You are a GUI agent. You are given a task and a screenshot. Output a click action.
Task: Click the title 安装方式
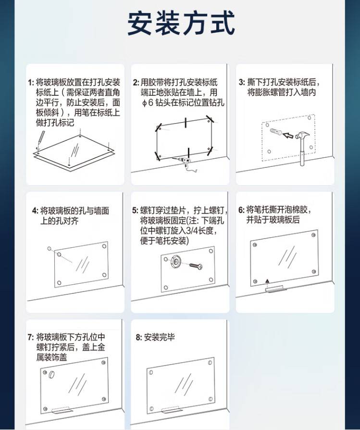(181, 23)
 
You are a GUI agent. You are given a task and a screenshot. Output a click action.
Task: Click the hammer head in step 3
(302, 136)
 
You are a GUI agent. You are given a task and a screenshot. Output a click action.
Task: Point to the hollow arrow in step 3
(288, 135)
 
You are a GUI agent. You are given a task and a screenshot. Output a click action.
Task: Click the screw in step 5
(196, 266)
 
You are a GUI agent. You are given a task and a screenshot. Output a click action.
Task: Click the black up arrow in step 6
(267, 281)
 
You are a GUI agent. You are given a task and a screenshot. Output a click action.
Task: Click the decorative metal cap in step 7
(51, 374)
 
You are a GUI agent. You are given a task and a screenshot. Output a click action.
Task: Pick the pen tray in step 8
(171, 410)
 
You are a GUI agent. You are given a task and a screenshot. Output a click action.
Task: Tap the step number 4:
(36, 211)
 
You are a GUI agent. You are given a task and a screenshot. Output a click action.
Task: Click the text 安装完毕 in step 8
(159, 337)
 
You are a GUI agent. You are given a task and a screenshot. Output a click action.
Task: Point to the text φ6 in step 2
(148, 103)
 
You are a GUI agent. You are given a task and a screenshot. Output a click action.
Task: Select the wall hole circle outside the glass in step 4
(50, 249)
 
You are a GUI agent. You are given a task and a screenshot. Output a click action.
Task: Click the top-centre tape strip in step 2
(186, 123)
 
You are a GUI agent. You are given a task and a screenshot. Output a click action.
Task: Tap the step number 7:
(31, 337)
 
